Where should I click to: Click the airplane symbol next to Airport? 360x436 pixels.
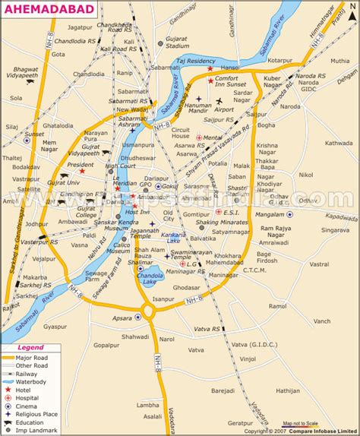tap(219, 100)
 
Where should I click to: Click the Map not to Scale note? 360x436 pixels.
tap(301, 423)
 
